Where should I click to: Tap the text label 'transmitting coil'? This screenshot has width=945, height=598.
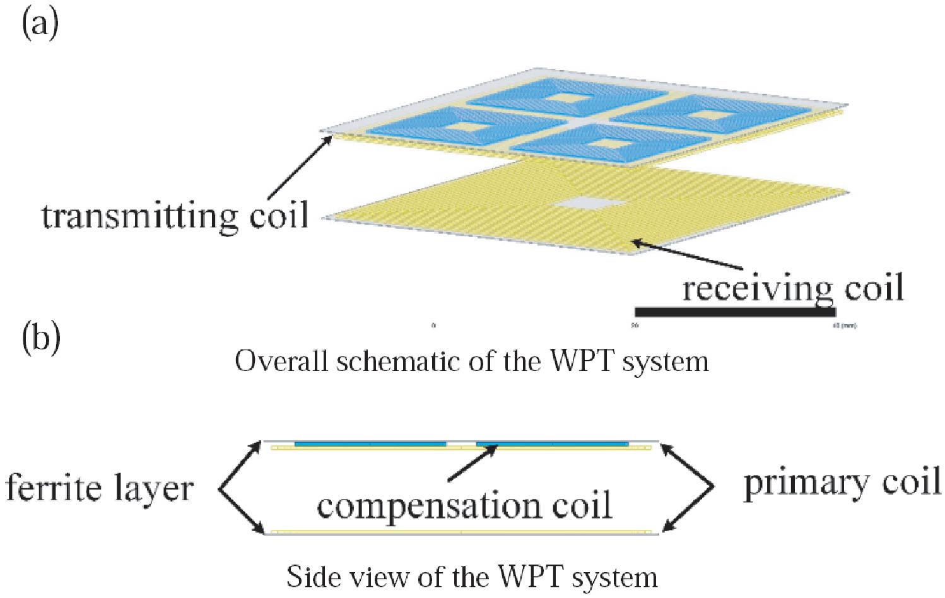(175, 216)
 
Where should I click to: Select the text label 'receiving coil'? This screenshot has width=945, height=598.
(793, 288)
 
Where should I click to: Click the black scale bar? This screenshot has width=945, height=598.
(735, 312)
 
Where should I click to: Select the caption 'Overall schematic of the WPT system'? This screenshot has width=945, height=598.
(471, 361)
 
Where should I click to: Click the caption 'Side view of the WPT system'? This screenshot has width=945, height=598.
(471, 577)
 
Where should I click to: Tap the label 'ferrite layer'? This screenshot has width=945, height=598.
(99, 488)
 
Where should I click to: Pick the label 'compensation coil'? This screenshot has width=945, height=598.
(464, 506)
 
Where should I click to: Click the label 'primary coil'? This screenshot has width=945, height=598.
(842, 483)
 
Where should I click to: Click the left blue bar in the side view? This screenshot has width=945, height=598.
(370, 444)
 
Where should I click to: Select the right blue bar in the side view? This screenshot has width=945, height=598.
(553, 444)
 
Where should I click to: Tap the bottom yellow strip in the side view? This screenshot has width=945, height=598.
(461, 532)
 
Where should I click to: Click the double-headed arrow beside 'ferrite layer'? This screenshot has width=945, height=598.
(240, 488)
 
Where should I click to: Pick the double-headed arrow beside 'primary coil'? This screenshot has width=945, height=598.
(688, 486)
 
